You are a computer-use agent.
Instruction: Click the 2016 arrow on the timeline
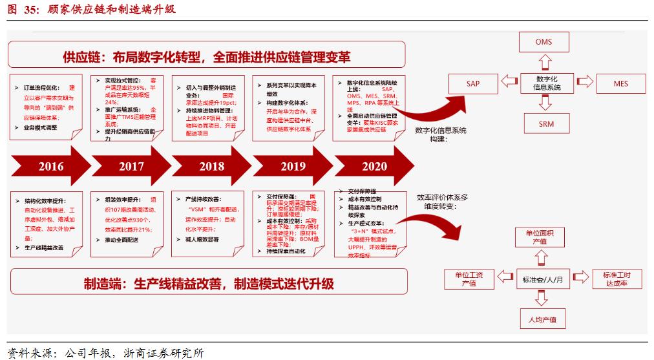pos(50,166)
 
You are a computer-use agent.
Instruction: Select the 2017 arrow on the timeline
pos(131,166)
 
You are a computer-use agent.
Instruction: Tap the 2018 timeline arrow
pos(211,166)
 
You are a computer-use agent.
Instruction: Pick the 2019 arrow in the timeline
pos(293,166)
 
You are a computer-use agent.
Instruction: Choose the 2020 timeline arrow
pos(374,166)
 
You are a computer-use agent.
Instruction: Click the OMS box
pos(543,43)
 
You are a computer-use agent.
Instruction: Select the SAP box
pos(473,83)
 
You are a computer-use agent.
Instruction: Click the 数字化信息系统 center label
pos(546,82)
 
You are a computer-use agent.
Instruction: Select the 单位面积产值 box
pos(540,237)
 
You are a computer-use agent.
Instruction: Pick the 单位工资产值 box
pos(470,279)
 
